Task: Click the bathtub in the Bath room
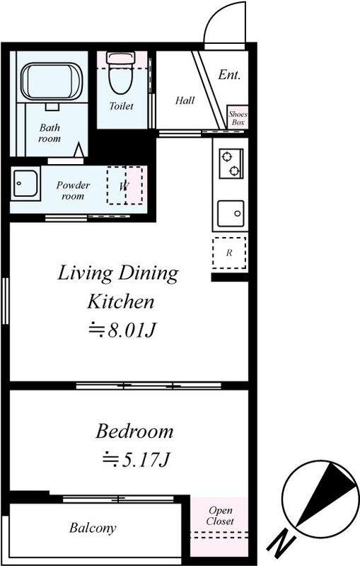point(52,81)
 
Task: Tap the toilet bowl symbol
point(121,74)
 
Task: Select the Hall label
point(185,100)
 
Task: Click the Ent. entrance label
point(229,75)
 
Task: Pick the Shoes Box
point(238,117)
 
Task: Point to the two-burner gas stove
point(231,164)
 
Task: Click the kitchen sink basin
point(231,214)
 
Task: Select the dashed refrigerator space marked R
point(229,253)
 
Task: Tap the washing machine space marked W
point(124,185)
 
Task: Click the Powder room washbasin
point(25,184)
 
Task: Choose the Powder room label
point(73,190)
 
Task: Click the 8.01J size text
point(123,330)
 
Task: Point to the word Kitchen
point(121,301)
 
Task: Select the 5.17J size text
point(136,459)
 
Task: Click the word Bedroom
point(134,431)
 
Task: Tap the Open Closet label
point(220,516)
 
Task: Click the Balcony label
point(93,528)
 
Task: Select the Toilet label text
point(121,106)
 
